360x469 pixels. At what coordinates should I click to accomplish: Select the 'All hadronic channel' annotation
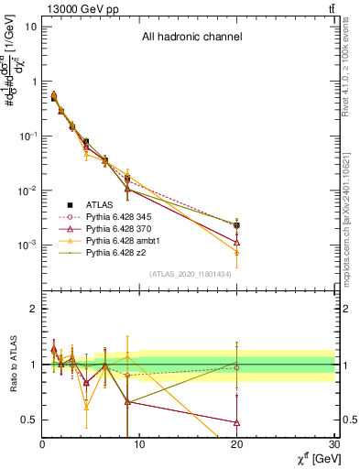[191, 38]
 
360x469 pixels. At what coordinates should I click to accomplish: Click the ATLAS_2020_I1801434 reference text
[190, 273]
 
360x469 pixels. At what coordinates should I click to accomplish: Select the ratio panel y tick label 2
[33, 309]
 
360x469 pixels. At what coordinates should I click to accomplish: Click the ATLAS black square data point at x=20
[237, 224]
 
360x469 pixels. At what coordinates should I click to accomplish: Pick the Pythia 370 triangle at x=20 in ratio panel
[237, 422]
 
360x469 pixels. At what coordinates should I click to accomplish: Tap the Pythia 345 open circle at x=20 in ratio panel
[237, 367]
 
